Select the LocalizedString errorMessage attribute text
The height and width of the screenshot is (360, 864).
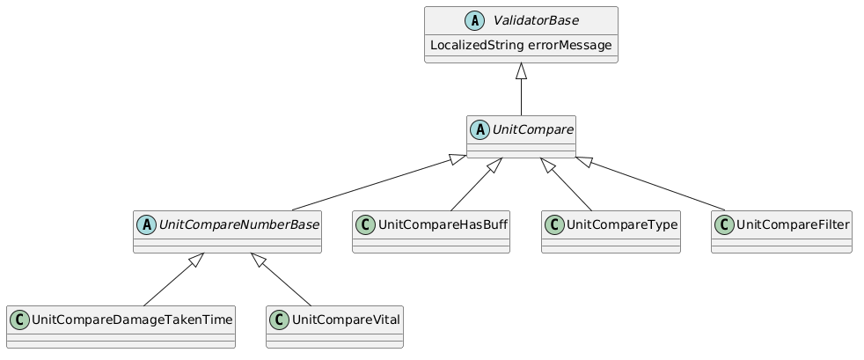click(x=521, y=45)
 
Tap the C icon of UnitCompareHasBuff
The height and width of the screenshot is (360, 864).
click(x=366, y=224)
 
